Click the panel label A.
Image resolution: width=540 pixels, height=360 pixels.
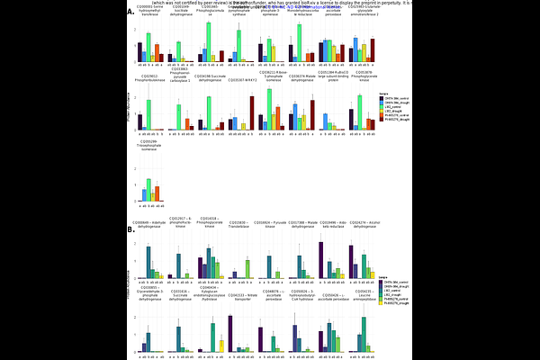pos(130,13)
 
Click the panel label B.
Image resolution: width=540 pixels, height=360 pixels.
pos(130,229)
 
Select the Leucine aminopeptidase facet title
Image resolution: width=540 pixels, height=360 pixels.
pos(363,293)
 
